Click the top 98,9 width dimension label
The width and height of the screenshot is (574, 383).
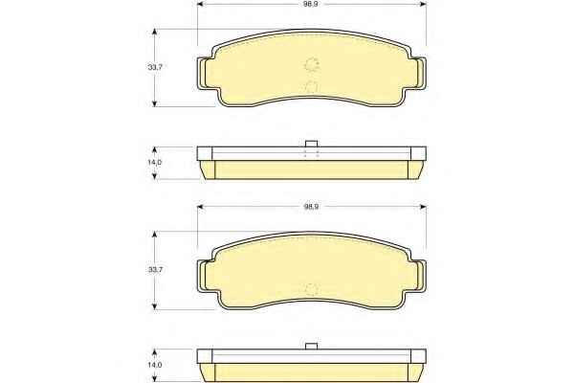pyautogui.click(x=311, y=5)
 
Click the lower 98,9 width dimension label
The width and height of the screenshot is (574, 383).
pyautogui.click(x=311, y=207)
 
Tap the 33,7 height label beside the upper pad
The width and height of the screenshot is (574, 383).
pyautogui.click(x=155, y=67)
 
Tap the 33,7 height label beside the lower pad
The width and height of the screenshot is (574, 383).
pyautogui.click(x=155, y=269)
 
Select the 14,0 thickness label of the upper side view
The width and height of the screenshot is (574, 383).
pyautogui.click(x=155, y=163)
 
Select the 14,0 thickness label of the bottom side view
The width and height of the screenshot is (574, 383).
pyautogui.click(x=155, y=365)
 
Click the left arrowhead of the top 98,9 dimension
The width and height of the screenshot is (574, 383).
pyautogui.click(x=200, y=5)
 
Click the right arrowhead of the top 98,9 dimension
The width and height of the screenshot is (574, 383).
pyautogui.click(x=423, y=5)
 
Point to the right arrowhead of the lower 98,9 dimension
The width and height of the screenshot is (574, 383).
pyautogui.click(x=423, y=207)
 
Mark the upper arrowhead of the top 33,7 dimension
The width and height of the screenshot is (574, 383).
pyautogui.click(x=154, y=33)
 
